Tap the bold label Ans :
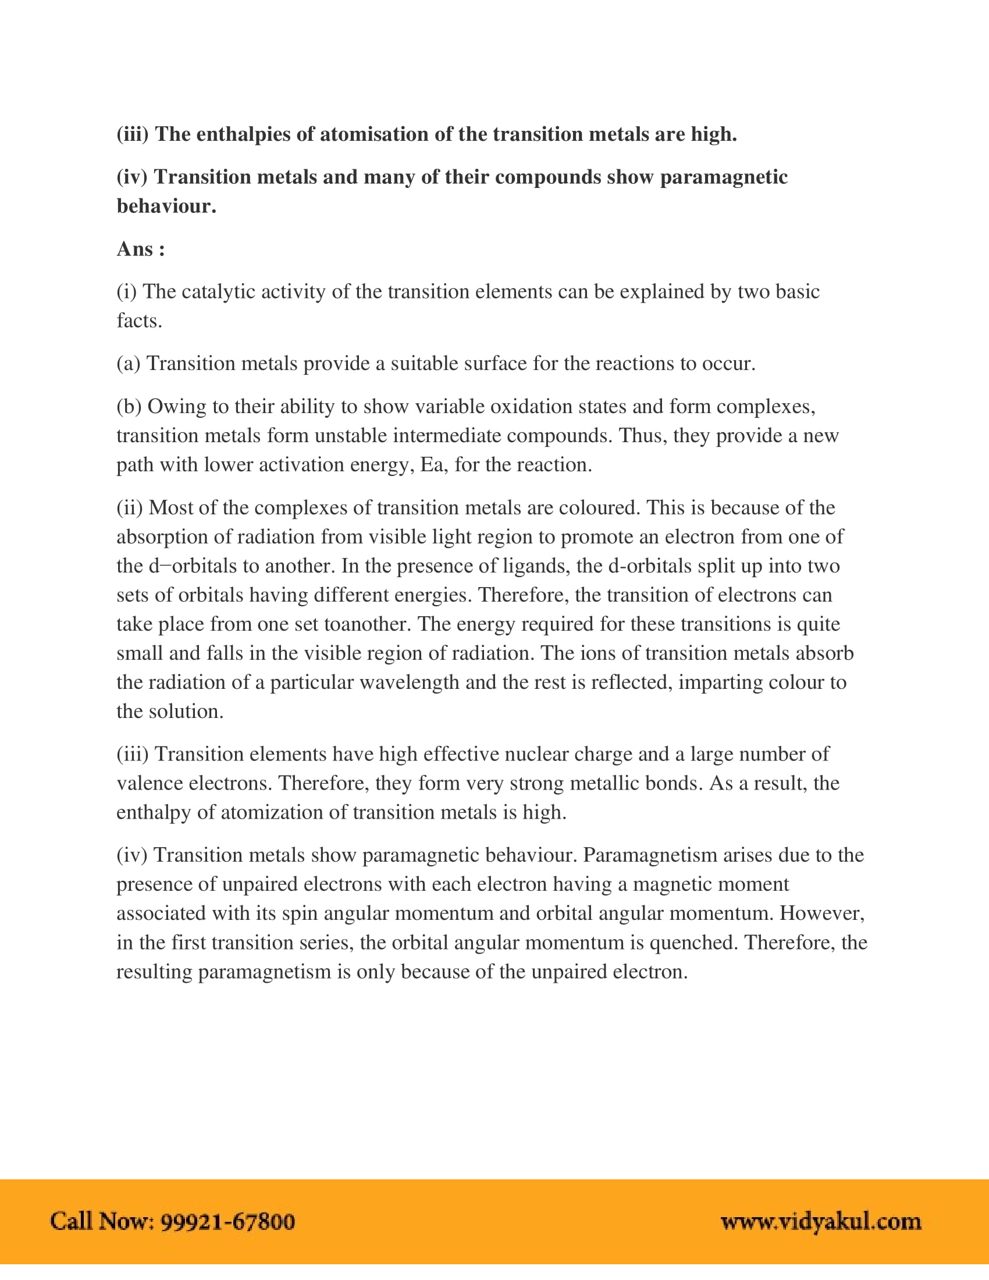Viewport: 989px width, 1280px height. click(x=141, y=249)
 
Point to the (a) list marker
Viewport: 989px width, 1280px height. click(x=129, y=364)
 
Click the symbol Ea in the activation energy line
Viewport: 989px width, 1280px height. click(x=434, y=464)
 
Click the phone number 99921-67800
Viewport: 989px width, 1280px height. click(x=228, y=1222)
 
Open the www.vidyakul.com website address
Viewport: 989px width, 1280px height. click(x=821, y=1222)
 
